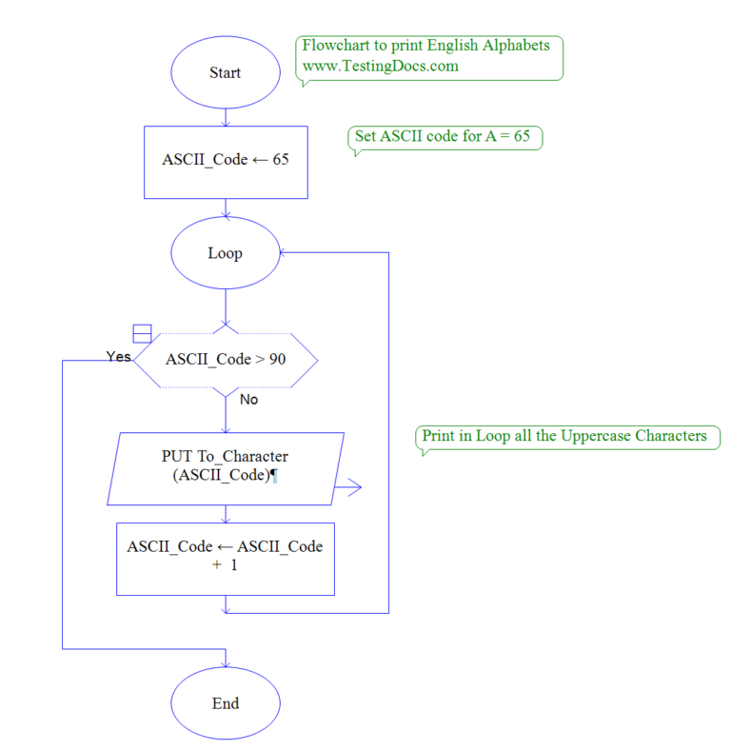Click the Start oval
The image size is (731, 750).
click(225, 72)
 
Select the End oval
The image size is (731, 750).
click(225, 703)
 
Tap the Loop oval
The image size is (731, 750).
click(225, 253)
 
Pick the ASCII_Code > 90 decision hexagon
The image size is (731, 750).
click(225, 360)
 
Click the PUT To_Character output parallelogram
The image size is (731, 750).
click(225, 466)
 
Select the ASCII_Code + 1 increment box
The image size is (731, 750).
click(225, 558)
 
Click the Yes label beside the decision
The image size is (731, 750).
click(119, 356)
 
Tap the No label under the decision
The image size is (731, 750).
click(248, 400)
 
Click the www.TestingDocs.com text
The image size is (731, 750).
click(380, 66)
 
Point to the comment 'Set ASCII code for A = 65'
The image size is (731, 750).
click(443, 136)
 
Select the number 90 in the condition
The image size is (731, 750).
click(277, 360)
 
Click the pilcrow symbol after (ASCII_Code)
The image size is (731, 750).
click(275, 476)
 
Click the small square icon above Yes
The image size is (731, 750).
click(142, 333)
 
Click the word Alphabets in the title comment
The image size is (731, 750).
click(518, 46)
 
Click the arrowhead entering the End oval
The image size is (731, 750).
click(225, 661)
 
